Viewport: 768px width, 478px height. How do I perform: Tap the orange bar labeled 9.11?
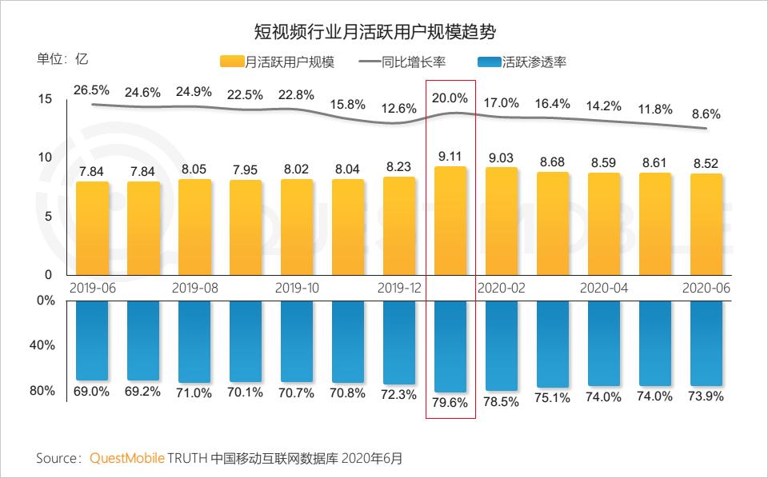450,220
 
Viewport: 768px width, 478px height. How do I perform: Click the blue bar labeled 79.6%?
450,344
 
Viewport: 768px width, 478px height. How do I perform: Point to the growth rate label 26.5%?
90,89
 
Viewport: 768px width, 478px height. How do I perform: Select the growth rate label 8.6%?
706,114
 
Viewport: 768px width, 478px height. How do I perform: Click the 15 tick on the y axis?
45,99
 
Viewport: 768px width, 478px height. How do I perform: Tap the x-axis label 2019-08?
194,288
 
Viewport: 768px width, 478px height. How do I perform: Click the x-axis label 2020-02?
501,288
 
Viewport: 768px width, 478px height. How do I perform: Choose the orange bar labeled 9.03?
501,221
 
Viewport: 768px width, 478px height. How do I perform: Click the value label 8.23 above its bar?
398,167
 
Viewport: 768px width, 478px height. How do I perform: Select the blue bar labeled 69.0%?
90,341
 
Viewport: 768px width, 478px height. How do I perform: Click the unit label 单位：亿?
62,59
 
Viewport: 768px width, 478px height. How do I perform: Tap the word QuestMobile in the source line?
126,459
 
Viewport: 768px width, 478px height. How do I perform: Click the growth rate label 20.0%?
450,98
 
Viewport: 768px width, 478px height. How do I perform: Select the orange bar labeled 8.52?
706,224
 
